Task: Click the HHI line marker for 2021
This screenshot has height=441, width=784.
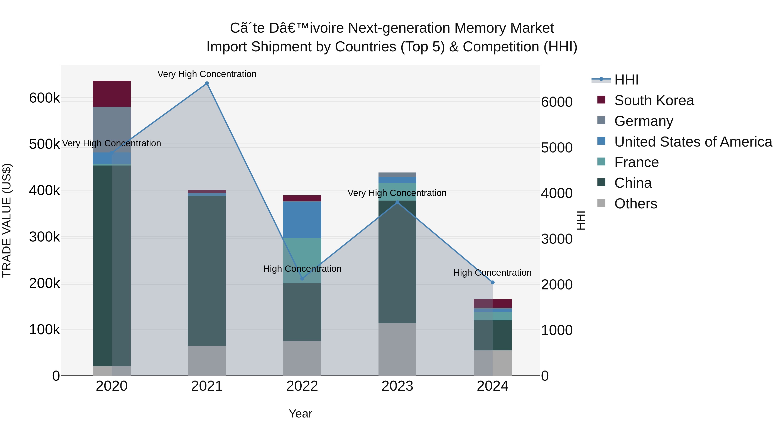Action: (x=207, y=83)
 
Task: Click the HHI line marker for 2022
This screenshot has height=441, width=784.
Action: (x=302, y=279)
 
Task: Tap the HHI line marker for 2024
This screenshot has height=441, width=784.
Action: (x=493, y=282)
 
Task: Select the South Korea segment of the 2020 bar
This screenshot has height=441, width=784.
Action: (x=112, y=94)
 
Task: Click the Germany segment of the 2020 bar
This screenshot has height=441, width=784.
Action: (x=112, y=129)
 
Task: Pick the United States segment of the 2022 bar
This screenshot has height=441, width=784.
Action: (x=302, y=220)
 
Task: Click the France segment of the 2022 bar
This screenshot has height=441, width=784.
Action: (x=302, y=260)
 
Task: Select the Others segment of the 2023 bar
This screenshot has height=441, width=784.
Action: (x=397, y=349)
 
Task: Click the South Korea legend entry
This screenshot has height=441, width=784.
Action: (x=654, y=100)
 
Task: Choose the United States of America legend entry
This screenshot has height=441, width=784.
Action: (x=693, y=142)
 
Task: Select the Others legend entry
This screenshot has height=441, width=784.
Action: (x=635, y=204)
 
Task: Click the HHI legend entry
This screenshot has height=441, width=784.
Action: (x=626, y=80)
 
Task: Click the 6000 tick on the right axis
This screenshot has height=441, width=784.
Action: (x=557, y=102)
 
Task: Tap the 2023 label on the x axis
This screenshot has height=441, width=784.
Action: (x=397, y=386)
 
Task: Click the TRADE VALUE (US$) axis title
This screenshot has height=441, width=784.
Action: (x=7, y=220)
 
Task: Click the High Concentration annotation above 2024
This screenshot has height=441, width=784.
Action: (x=492, y=273)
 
